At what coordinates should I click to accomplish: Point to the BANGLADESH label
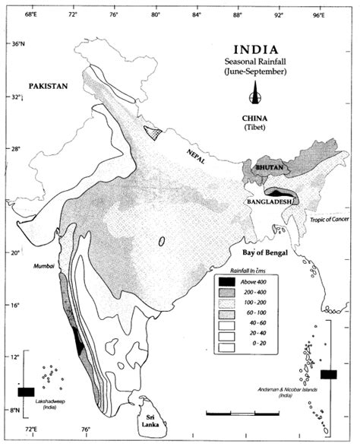click(x=267, y=202)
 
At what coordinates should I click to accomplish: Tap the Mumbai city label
click(x=44, y=268)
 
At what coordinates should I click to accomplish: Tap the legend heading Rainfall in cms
click(x=253, y=272)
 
